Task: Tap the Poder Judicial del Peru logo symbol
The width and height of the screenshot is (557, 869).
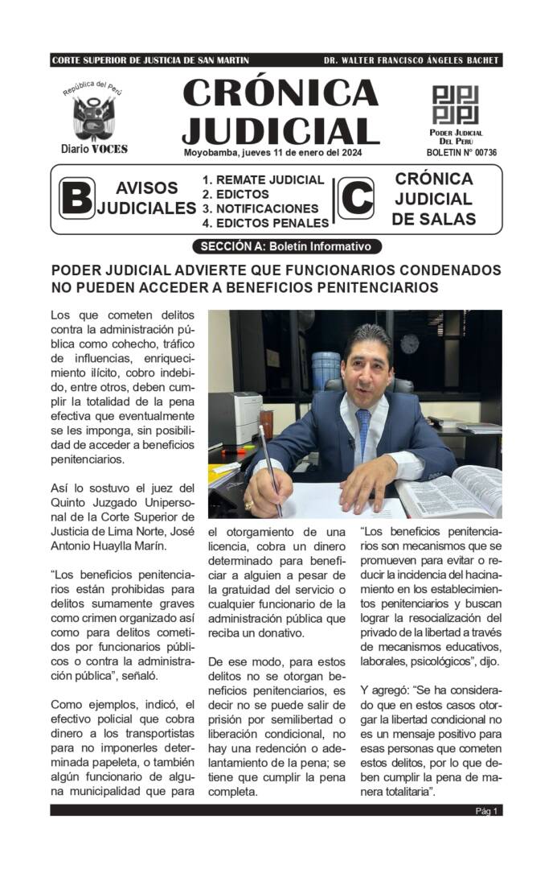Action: [x=455, y=104]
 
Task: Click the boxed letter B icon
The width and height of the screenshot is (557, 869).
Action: [x=76, y=198]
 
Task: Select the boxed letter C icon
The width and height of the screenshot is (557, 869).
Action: [x=355, y=198]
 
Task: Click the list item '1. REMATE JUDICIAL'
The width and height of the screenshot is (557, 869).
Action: [x=263, y=180]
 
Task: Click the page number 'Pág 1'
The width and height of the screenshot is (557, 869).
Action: [x=486, y=811]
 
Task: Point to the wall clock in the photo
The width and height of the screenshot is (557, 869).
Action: [x=410, y=344]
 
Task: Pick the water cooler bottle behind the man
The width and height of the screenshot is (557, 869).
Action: [x=326, y=371]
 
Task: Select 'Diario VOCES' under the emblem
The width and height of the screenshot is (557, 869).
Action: [x=94, y=149]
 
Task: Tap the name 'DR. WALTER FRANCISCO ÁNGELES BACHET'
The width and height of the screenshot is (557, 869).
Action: [x=411, y=60]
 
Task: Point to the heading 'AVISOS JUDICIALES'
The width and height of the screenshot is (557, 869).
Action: [x=147, y=198]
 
